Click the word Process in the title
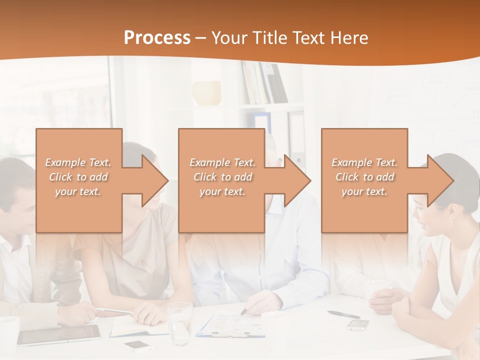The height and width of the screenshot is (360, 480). [x=157, y=38]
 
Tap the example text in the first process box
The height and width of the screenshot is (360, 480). [x=78, y=177]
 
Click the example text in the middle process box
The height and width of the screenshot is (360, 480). [x=222, y=177]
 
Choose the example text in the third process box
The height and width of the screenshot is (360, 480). [x=364, y=177]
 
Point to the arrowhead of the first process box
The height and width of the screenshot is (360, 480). [x=155, y=180]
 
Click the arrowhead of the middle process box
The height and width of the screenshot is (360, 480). [x=298, y=180]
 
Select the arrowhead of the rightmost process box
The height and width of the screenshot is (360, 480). [x=440, y=180]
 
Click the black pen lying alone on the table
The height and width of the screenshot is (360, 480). [x=343, y=314]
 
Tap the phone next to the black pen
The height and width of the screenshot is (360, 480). [x=358, y=324]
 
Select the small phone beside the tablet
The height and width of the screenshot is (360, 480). [x=138, y=345]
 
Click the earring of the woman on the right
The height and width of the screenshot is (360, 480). [x=449, y=216]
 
